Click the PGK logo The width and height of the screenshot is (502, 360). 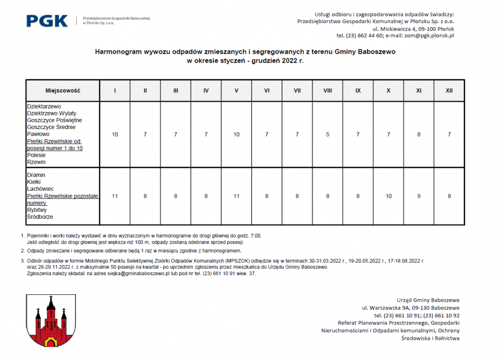[47, 21]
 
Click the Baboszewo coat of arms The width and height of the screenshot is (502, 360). [51, 322]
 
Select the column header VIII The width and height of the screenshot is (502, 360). [327, 91]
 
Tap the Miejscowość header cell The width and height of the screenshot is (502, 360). [63, 91]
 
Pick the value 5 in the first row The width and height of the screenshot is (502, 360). [327, 135]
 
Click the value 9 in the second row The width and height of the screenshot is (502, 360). [419, 196]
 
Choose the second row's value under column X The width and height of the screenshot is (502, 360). [389, 196]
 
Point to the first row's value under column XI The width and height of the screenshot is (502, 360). [419, 135]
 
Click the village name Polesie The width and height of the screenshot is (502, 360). [36, 156]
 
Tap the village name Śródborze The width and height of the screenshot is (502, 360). [40, 217]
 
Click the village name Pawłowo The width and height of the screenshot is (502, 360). [38, 135]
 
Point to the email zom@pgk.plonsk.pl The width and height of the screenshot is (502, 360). [431, 36]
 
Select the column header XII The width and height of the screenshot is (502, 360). [449, 91]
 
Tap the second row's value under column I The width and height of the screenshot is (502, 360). [115, 196]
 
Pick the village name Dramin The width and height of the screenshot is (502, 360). [36, 175]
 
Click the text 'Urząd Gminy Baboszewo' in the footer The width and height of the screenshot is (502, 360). [428, 300]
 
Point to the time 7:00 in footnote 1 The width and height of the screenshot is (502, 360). [255, 235]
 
